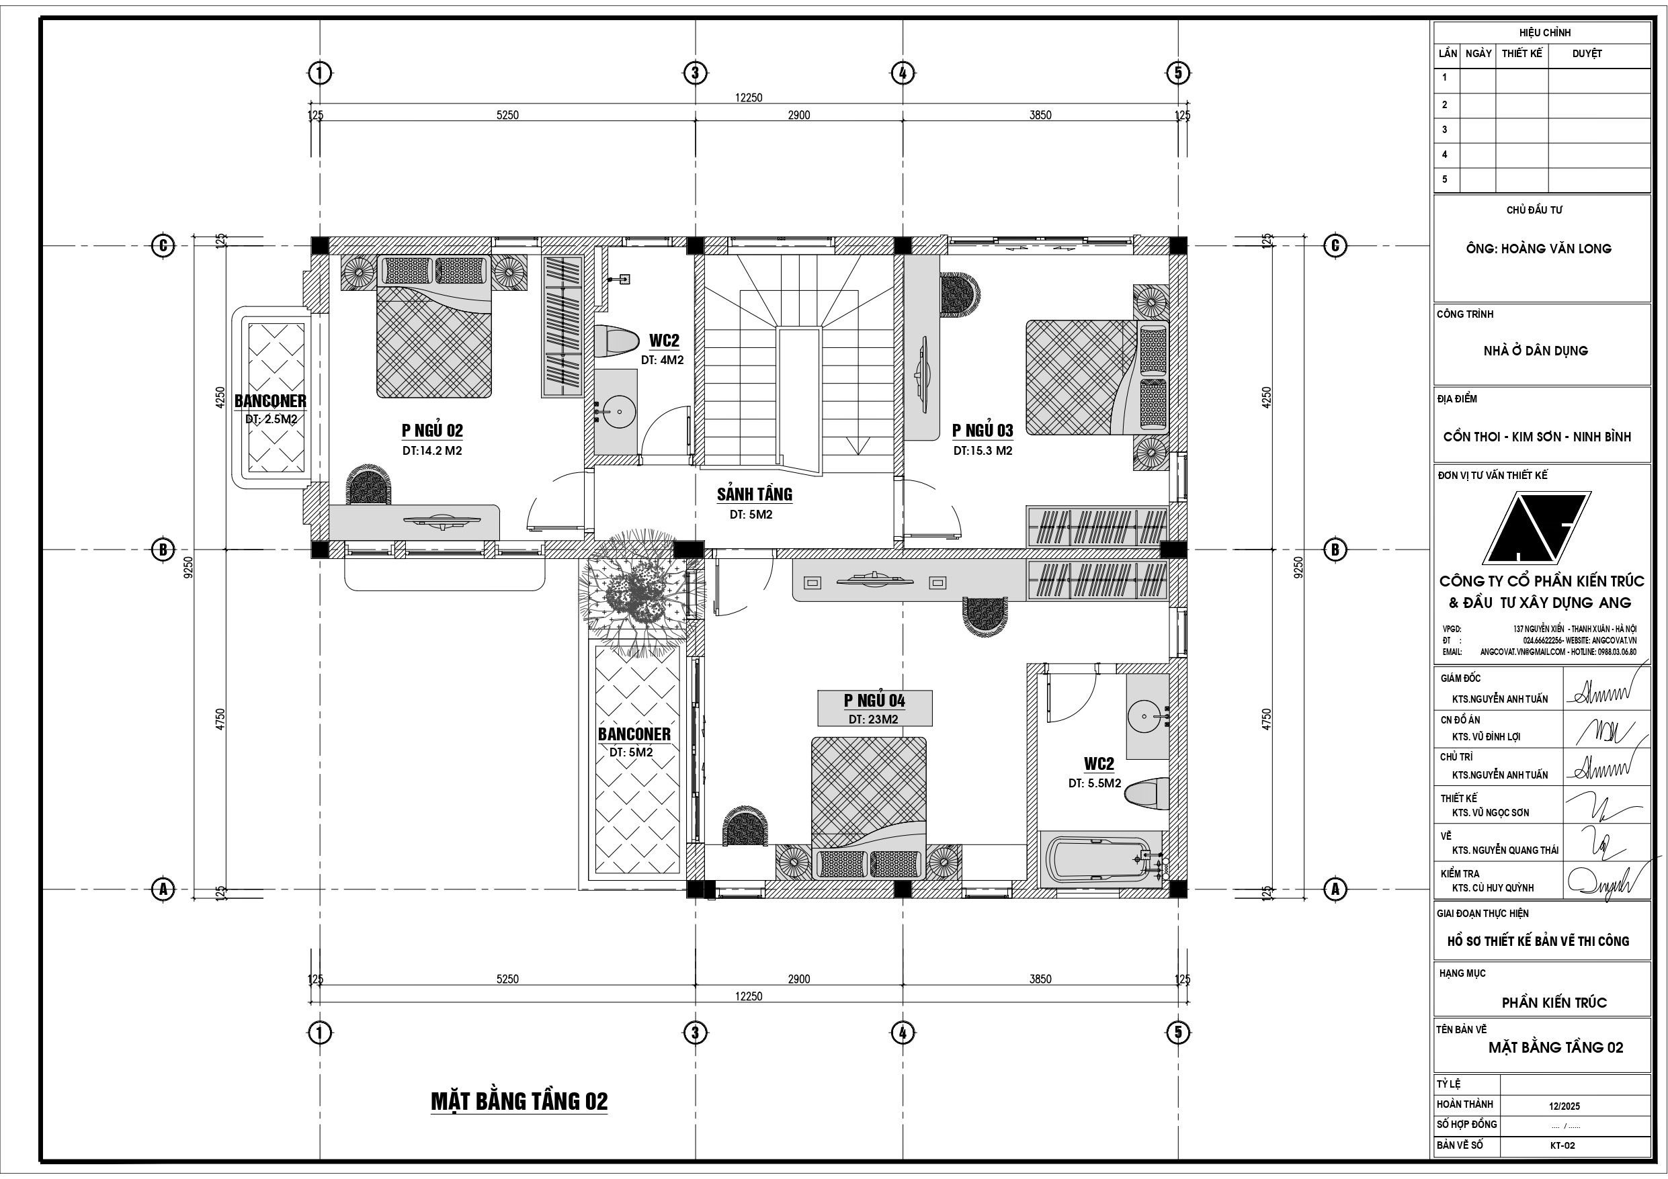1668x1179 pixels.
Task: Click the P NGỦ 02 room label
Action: [x=432, y=431]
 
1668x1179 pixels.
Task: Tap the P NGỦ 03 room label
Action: [x=983, y=431]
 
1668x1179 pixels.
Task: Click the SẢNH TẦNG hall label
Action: [x=754, y=494]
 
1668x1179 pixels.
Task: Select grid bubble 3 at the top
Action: [x=696, y=73]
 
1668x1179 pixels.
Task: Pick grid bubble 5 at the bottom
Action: [x=1177, y=1033]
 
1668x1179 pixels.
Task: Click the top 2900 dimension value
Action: [x=798, y=116]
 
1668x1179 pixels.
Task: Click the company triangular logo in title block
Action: [x=1536, y=528]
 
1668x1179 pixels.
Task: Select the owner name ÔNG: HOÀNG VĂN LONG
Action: [x=1538, y=249]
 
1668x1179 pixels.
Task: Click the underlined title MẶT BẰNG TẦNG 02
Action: [x=519, y=1101]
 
